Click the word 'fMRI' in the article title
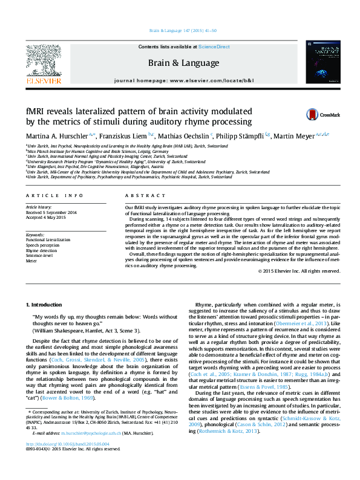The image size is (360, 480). point(34,112)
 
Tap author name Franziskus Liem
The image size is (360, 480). point(122,135)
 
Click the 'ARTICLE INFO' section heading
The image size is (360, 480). point(55,196)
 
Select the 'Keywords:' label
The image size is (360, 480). point(35,234)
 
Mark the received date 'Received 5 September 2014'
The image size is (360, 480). point(51,212)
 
